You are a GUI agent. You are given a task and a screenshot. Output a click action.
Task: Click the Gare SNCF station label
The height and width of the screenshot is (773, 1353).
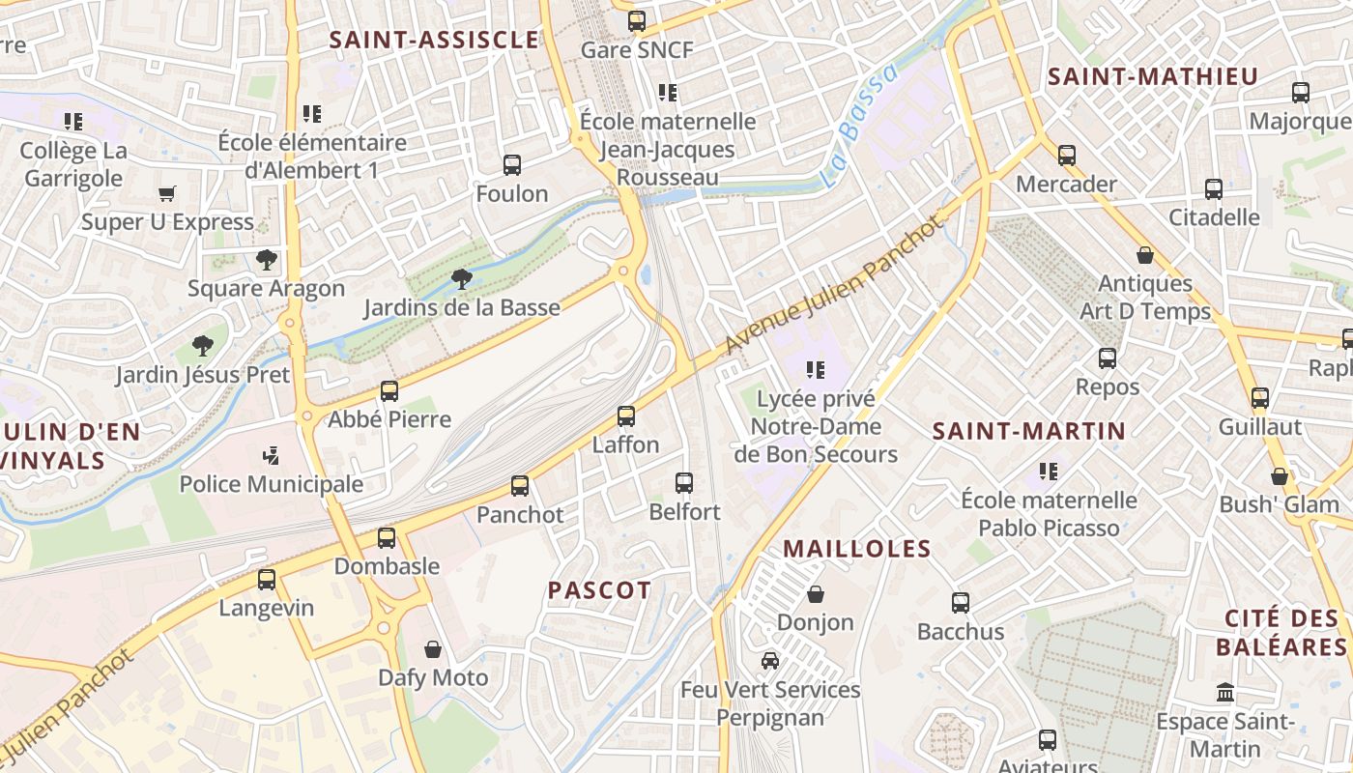click(637, 49)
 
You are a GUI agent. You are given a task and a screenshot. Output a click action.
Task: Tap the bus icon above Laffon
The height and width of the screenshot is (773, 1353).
click(626, 416)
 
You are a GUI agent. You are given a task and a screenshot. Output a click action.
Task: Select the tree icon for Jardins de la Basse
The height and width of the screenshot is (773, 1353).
click(462, 279)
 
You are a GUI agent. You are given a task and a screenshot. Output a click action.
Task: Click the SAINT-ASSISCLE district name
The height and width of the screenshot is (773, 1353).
click(434, 40)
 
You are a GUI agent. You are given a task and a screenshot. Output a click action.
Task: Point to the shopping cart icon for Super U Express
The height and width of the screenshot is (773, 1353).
click(167, 194)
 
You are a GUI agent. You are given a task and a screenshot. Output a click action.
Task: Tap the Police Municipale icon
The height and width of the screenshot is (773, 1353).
click(272, 455)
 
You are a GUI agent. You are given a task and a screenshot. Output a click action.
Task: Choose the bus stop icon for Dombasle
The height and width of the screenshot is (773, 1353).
click(387, 538)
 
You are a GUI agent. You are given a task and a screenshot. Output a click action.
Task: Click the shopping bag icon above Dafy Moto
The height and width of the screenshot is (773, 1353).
click(433, 649)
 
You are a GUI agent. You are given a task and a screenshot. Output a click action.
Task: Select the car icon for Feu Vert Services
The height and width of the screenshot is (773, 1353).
click(770, 661)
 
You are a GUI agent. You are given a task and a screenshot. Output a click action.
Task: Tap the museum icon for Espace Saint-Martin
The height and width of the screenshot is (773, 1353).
click(1226, 693)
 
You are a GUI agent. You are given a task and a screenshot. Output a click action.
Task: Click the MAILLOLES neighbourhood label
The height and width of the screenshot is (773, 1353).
click(857, 549)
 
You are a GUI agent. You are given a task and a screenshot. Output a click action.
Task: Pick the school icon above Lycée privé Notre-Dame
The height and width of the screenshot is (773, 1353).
click(816, 369)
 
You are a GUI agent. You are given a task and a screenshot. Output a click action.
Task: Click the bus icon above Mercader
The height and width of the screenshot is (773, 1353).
click(1067, 156)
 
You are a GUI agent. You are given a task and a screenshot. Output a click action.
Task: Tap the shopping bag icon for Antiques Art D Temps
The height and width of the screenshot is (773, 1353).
click(1145, 255)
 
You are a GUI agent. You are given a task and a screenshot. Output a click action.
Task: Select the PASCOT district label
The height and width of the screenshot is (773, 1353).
click(600, 589)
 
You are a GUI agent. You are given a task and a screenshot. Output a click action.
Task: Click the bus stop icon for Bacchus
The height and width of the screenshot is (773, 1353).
click(961, 603)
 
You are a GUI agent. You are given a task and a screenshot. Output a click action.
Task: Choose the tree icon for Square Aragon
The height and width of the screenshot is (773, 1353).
click(267, 260)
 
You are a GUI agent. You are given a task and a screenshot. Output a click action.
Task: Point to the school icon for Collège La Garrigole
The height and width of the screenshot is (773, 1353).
click(73, 122)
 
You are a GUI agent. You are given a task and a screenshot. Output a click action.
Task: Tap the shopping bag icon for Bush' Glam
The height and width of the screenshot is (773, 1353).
click(1280, 476)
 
